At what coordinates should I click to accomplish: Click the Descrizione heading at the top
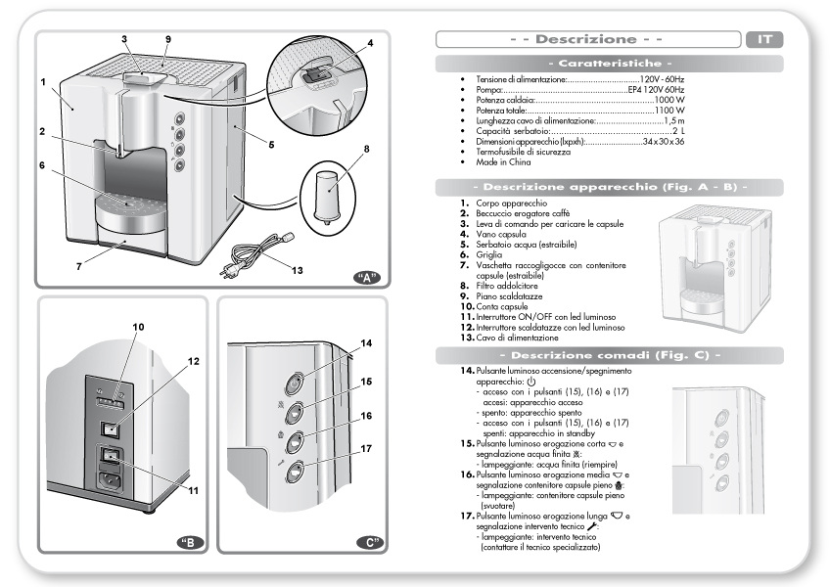point(586,40)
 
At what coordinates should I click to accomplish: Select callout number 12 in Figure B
point(194,361)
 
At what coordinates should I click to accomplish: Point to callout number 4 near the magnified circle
point(370,44)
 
